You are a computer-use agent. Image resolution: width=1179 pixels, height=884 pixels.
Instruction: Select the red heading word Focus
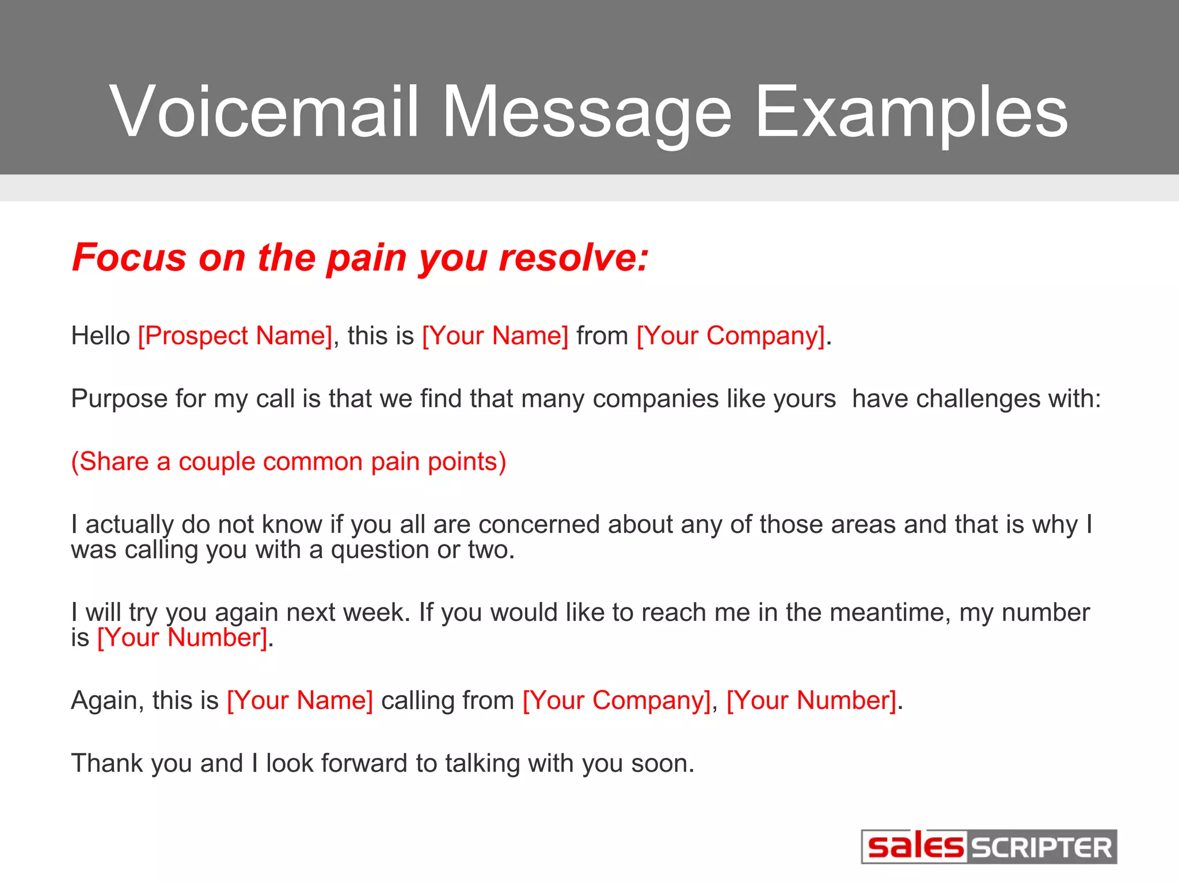coord(129,257)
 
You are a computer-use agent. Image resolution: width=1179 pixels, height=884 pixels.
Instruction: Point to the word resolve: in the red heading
coord(573,257)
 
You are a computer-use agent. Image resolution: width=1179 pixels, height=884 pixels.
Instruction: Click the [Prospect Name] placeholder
coord(235,336)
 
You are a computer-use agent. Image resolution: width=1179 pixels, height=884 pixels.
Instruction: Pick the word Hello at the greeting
coord(101,336)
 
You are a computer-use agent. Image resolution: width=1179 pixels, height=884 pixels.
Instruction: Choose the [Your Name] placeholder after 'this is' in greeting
coord(495,336)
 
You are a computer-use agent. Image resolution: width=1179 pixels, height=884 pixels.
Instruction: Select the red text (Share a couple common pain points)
coord(288,462)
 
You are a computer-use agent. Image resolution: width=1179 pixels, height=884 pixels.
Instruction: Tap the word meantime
coord(890,612)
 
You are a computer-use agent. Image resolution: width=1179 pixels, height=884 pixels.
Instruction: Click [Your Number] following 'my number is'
coord(182,638)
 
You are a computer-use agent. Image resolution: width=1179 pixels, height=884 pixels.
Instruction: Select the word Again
coord(107,701)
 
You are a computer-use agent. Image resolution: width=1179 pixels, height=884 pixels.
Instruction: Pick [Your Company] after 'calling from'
coord(617,701)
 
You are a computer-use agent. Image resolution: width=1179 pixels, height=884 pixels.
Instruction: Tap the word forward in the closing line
coord(364,764)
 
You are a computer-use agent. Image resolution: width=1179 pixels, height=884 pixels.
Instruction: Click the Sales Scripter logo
coord(988,847)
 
